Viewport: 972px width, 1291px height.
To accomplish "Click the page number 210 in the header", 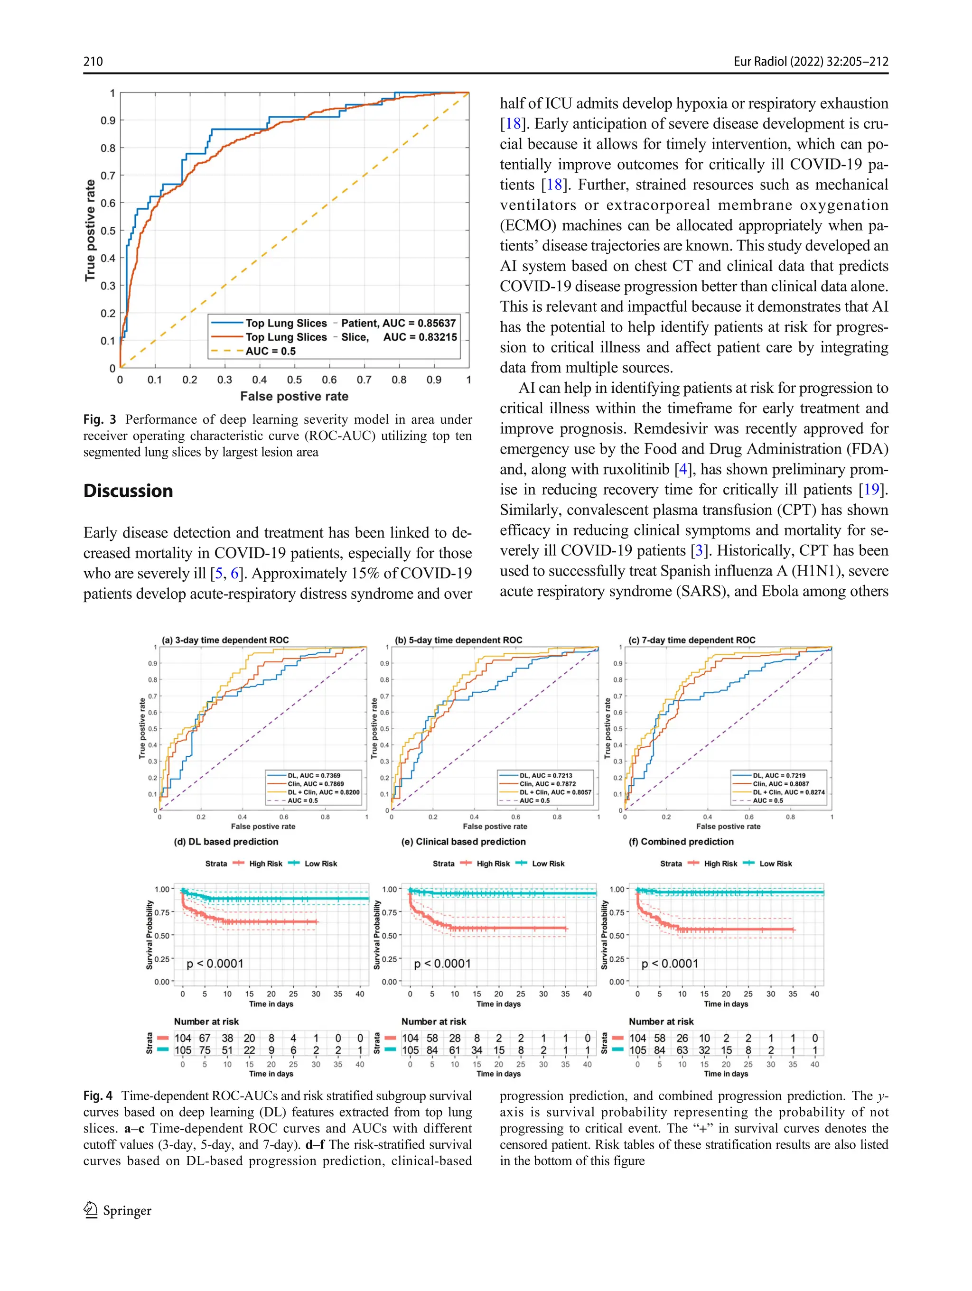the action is pos(93,61).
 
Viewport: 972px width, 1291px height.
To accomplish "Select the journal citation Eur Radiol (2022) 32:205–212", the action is pos(810,61).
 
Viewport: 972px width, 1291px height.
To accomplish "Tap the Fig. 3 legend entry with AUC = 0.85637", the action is pos(350,323).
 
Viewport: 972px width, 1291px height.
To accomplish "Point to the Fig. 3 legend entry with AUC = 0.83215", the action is pos(350,337).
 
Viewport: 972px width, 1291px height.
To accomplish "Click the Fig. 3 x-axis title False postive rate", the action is pos(294,396).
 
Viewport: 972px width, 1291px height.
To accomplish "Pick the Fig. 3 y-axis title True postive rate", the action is pos(90,230).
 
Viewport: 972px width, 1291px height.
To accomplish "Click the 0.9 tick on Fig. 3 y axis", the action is pos(108,121).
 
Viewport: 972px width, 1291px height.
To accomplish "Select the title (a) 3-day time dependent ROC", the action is pos(225,640).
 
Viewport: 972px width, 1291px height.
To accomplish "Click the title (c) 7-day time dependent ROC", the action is pos(692,640).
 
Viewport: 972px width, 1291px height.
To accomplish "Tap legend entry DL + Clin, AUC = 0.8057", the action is pos(555,792).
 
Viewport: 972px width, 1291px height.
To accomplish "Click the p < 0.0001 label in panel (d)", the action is pos(215,964).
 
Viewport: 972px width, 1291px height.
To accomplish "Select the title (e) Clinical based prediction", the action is pos(464,842).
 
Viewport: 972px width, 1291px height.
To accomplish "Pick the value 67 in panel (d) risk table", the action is pos(205,1038).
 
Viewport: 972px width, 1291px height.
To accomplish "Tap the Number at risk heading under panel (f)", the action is pos(661,1022).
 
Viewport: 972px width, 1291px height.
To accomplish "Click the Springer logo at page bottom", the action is pos(117,1210).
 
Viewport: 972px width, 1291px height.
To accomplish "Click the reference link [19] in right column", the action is pos(871,490).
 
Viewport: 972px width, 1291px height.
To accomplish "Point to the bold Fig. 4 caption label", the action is pos(97,1096).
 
